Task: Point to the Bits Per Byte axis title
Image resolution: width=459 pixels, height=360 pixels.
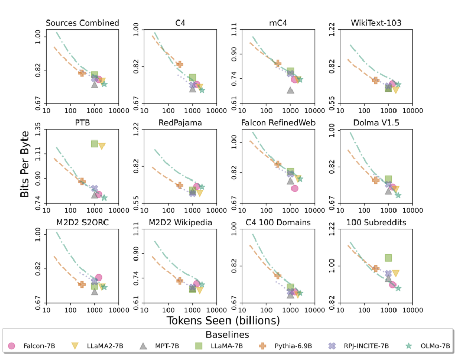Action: [24, 165]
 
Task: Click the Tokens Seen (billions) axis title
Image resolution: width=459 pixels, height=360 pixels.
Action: [223, 321]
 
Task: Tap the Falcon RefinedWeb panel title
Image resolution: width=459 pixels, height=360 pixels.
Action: [278, 122]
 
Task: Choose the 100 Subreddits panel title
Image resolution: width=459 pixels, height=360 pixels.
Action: [376, 222]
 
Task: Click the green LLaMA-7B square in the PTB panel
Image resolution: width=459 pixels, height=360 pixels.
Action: [94, 144]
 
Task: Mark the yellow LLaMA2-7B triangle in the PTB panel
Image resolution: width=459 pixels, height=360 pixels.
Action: [102, 146]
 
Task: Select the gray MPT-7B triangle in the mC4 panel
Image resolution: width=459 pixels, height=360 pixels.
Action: [290, 90]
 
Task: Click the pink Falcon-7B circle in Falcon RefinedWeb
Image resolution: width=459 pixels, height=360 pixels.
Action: [295, 188]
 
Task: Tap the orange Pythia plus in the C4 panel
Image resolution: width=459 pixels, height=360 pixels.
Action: [180, 64]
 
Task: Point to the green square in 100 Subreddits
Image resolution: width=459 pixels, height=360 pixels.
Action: [388, 257]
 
